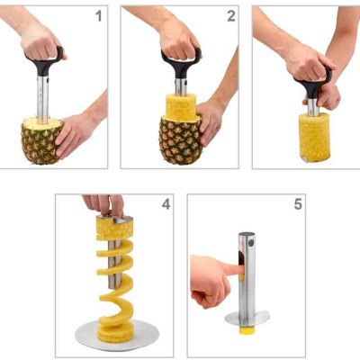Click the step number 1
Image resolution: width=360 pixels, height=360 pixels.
tap(98, 16)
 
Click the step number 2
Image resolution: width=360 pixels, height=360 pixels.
tap(230, 16)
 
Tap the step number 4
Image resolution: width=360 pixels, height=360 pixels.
tap(165, 204)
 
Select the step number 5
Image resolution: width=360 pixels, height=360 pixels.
tap(296, 204)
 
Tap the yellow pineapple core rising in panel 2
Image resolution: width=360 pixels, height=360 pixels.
tap(180, 107)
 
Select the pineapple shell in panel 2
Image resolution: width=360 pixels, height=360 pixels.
tap(179, 140)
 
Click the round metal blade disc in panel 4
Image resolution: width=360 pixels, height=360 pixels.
tap(117, 337)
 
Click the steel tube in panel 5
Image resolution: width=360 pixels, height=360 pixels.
tap(247, 270)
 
